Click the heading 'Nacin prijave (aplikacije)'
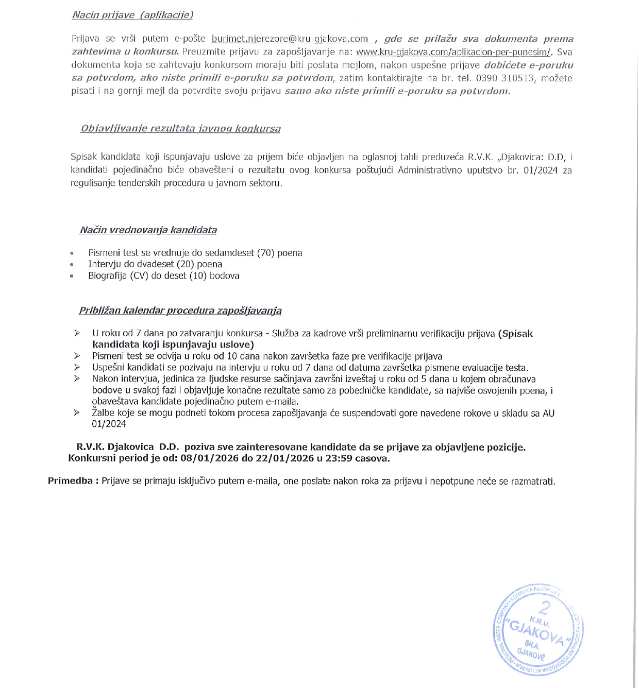tap(132, 15)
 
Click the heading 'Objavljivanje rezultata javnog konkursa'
tap(180, 129)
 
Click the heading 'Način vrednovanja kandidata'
tap(148, 230)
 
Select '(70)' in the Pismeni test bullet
tap(265, 253)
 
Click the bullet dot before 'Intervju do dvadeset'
tap(72, 265)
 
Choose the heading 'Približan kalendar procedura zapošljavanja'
tap(180, 311)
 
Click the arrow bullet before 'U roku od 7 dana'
tap(77, 333)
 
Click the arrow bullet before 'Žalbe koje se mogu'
tap(77, 412)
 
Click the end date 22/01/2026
tap(285, 458)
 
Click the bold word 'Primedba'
tap(70, 481)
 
